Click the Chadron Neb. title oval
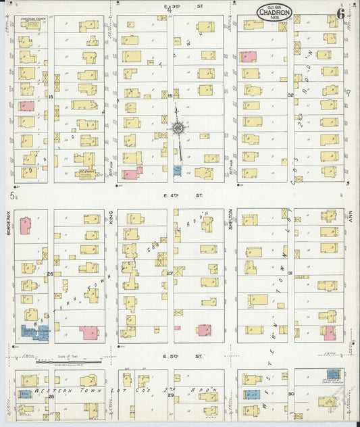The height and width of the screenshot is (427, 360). point(274,12)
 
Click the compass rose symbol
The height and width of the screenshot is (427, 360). point(178,127)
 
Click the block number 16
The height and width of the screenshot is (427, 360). point(51,97)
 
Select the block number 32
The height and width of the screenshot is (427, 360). point(290,95)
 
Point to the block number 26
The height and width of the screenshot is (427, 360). point(51,274)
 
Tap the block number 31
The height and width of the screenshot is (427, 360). point(290,273)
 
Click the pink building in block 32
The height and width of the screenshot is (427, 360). point(248,57)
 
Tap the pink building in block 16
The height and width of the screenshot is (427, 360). point(26,106)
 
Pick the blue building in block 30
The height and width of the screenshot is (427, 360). point(252,395)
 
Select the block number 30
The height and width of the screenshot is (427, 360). point(290,393)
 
